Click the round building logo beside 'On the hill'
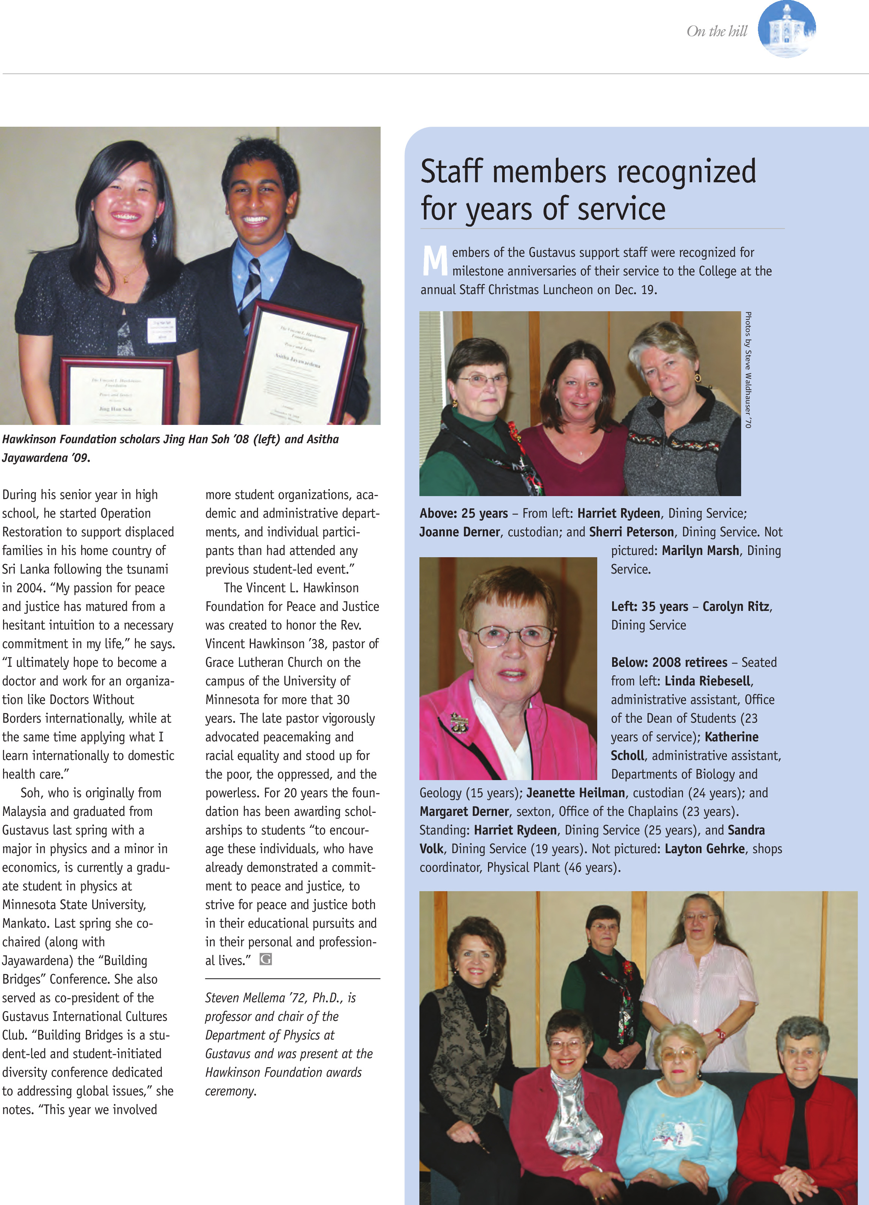pos(786,29)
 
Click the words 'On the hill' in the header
pos(717,31)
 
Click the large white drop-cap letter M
pos(434,261)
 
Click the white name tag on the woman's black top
pos(161,330)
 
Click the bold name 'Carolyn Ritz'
pos(736,606)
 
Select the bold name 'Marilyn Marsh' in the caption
pos(700,551)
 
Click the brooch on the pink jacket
pos(458,723)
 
